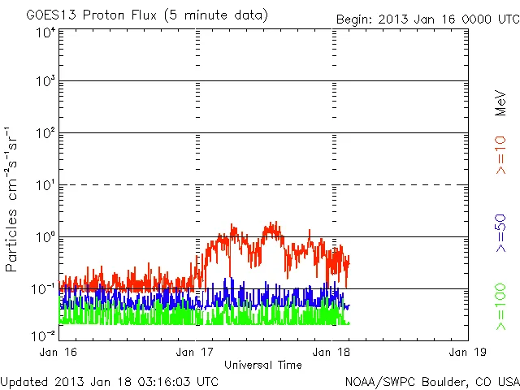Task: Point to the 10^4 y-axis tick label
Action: coord(45,32)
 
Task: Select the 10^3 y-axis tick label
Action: coord(45,82)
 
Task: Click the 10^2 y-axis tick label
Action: coord(45,134)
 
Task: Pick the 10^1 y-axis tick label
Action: coord(45,186)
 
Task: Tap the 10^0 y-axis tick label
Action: coord(45,238)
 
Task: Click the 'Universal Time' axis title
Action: coord(263,365)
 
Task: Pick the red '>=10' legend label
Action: coord(501,155)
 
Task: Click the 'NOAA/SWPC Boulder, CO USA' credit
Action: coord(431,380)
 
